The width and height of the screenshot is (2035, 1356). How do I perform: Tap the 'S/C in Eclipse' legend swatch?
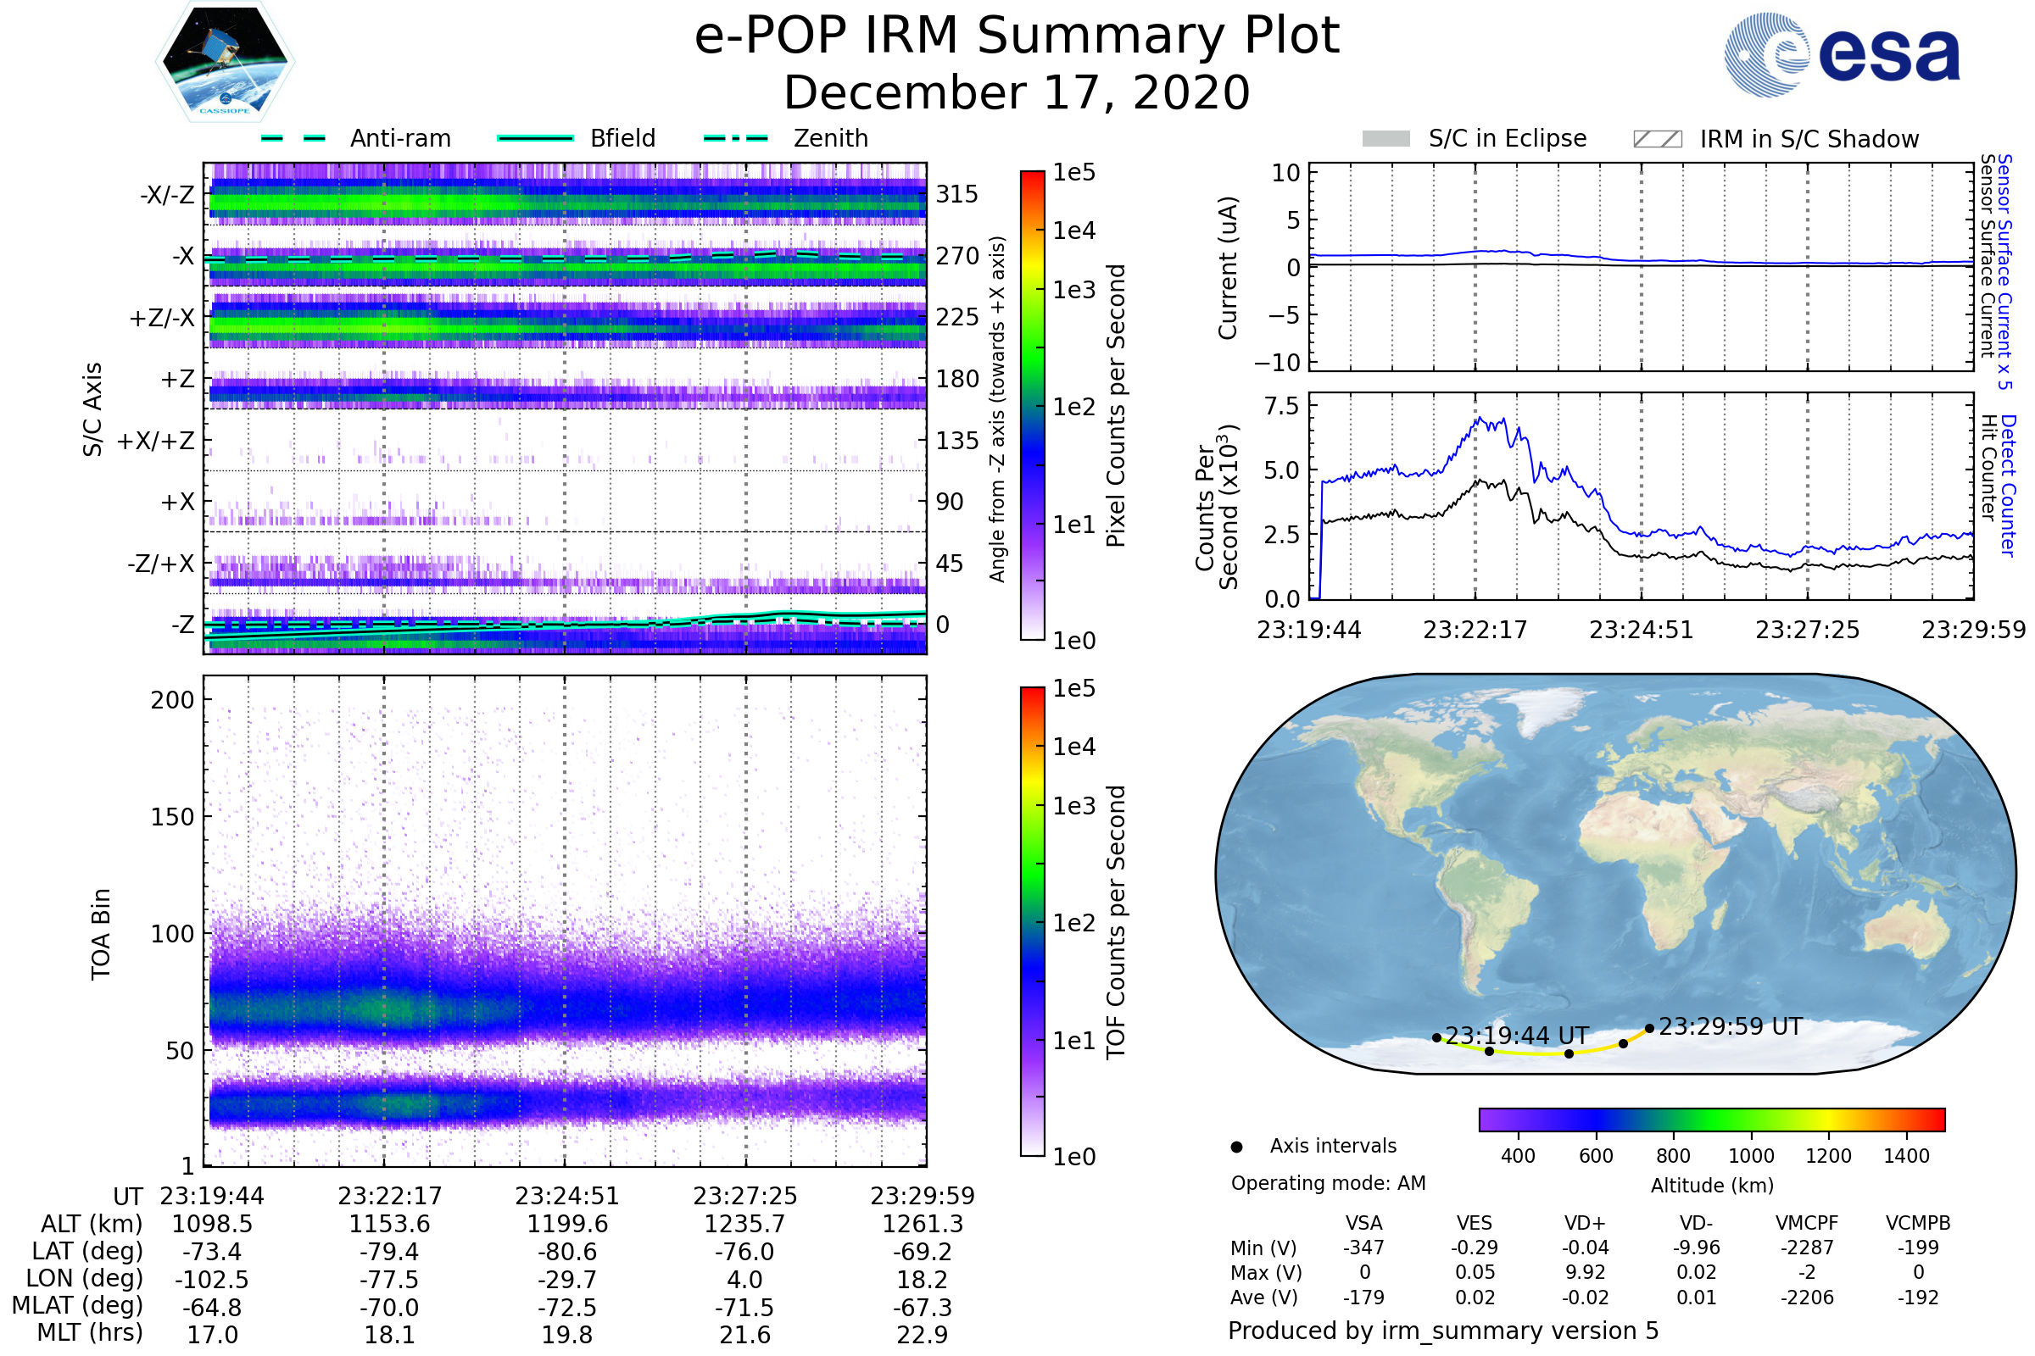click(1386, 138)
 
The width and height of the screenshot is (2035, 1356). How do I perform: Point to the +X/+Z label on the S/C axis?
click(156, 441)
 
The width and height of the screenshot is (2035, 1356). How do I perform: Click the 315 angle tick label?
click(957, 194)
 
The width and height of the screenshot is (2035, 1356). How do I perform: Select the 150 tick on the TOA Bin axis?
click(172, 817)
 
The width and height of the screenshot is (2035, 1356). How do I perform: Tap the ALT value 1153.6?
click(389, 1224)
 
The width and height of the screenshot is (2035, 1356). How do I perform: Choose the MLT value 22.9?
click(923, 1334)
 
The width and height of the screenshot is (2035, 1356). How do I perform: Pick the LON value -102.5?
click(212, 1279)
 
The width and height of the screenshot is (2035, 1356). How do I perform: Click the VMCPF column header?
click(1807, 1223)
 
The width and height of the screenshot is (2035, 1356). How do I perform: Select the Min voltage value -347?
click(1363, 1248)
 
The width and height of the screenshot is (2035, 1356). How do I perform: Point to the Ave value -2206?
click(1807, 1298)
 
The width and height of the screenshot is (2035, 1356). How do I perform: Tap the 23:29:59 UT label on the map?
click(1731, 1026)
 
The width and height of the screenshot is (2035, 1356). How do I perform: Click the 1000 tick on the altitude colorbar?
click(1751, 1156)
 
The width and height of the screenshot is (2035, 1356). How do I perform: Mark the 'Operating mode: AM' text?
click(1328, 1183)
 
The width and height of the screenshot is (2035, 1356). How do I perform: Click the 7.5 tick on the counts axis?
click(1281, 407)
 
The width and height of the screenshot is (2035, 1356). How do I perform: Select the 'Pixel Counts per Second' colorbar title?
click(1116, 405)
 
